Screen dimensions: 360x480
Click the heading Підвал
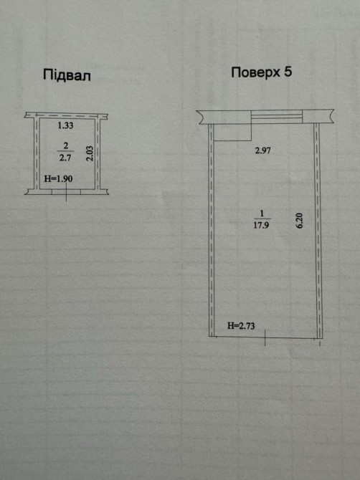pyautogui.click(x=67, y=75)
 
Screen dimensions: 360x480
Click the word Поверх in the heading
pyautogui.click(x=255, y=72)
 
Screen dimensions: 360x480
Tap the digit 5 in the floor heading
pyautogui.click(x=288, y=72)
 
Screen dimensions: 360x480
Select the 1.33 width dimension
pyautogui.click(x=65, y=125)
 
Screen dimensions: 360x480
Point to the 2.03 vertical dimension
pyautogui.click(x=89, y=153)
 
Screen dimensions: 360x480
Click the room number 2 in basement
pyautogui.click(x=65, y=145)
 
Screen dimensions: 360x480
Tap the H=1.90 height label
pyautogui.click(x=59, y=178)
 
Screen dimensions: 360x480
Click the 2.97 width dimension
pyautogui.click(x=263, y=150)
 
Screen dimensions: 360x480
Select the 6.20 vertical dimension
pyautogui.click(x=299, y=221)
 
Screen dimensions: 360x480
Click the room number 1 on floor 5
pyautogui.click(x=262, y=213)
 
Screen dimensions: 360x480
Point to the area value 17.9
pyautogui.click(x=261, y=225)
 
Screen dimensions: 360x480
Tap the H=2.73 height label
pyautogui.click(x=241, y=326)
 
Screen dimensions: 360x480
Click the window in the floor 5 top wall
pyautogui.click(x=277, y=117)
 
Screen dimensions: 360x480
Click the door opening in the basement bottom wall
pyautogui.click(x=66, y=192)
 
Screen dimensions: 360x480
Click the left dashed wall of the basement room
pyautogui.click(x=37, y=154)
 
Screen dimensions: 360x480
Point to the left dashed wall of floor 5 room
pyautogui.click(x=211, y=230)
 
